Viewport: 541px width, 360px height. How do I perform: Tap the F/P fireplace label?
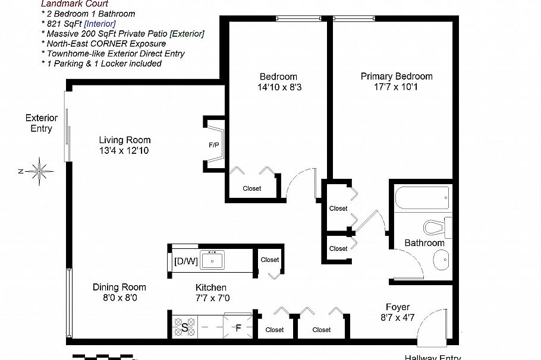coord(214,144)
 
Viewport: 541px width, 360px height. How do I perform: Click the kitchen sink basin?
coord(212,260)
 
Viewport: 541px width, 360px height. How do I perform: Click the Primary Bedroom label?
coord(397,76)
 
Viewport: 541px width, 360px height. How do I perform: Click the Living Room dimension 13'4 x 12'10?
coord(125,151)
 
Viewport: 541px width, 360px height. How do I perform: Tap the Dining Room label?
coord(119,287)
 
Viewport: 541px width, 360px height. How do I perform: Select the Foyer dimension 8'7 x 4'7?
coord(397,318)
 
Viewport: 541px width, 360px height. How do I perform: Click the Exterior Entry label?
coord(41,123)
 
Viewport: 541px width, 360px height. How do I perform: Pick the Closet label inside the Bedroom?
coord(251,188)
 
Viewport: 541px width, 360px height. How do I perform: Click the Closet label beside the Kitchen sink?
coord(269,260)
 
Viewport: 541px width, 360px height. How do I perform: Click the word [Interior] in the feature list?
coord(100,23)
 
